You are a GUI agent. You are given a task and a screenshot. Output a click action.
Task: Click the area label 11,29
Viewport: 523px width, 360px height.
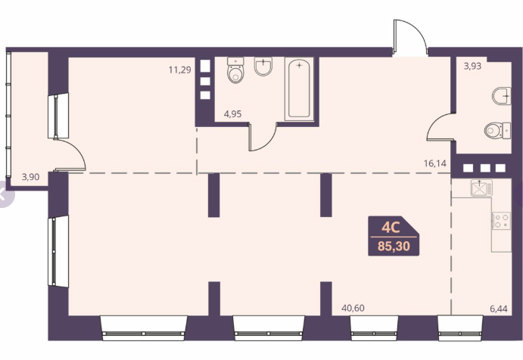[180, 70]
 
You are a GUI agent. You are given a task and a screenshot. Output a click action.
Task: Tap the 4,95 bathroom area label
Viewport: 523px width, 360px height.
[233, 114]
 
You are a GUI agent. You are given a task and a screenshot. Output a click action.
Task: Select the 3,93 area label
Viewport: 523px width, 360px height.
[472, 66]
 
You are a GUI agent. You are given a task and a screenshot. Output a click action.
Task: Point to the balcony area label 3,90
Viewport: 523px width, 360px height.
[31, 177]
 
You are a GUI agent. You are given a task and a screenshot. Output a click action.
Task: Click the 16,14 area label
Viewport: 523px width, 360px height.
[435, 163]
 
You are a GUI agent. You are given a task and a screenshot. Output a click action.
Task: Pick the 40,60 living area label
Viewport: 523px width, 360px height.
[353, 308]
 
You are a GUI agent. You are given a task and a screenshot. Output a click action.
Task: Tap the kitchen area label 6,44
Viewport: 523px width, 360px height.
[499, 309]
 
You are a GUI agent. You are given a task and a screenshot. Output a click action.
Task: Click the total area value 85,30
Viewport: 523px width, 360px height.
[394, 247]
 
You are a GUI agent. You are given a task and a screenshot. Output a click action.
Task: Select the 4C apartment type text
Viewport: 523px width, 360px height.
[391, 228]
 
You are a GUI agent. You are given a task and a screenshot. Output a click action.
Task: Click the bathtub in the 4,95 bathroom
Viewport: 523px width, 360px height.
[299, 88]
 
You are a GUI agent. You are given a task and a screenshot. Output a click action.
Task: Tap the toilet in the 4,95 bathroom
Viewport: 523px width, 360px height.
[235, 70]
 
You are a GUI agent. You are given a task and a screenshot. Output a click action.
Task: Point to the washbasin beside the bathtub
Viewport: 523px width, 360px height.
[263, 66]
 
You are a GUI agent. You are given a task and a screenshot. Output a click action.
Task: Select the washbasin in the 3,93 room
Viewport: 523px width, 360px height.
[502, 96]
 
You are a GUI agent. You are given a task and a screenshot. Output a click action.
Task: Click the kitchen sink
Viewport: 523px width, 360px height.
[481, 188]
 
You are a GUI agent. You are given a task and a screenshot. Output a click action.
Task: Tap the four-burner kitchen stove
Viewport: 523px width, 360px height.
[502, 221]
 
